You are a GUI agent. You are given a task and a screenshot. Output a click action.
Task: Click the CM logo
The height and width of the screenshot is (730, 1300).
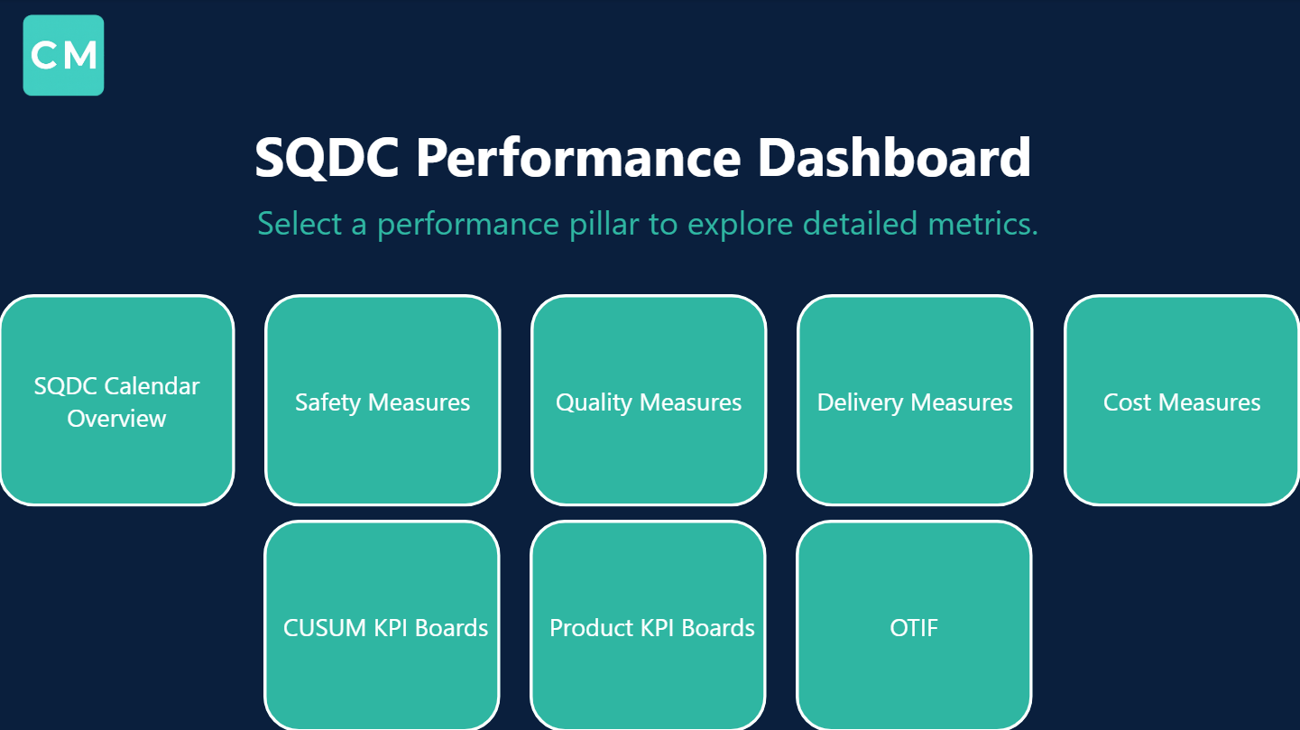click(x=63, y=55)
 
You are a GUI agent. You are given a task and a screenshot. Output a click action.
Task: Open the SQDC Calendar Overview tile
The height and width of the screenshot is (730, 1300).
click(x=116, y=401)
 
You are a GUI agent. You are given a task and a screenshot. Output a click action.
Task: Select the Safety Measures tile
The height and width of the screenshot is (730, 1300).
click(x=383, y=401)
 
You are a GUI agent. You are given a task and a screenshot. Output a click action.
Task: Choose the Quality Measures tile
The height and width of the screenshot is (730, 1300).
click(x=649, y=401)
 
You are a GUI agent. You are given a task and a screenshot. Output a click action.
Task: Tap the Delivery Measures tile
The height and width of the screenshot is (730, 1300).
click(x=915, y=401)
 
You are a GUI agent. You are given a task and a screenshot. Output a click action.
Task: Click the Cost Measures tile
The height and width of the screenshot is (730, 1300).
click(x=1182, y=401)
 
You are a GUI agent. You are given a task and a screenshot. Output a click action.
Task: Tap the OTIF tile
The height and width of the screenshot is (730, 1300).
click(x=915, y=626)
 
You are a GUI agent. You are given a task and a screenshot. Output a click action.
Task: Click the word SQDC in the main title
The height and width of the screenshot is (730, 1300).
click(x=327, y=158)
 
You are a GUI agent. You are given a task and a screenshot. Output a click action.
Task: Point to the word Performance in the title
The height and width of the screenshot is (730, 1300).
click(x=578, y=158)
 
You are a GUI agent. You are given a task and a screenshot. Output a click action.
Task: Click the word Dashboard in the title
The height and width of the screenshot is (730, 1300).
click(x=894, y=158)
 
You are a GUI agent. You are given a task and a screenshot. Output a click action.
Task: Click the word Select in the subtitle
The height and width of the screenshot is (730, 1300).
click(x=300, y=224)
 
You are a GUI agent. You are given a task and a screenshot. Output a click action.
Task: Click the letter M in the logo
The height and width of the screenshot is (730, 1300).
click(x=81, y=56)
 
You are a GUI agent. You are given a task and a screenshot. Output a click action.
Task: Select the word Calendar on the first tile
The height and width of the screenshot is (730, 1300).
click(x=152, y=386)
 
